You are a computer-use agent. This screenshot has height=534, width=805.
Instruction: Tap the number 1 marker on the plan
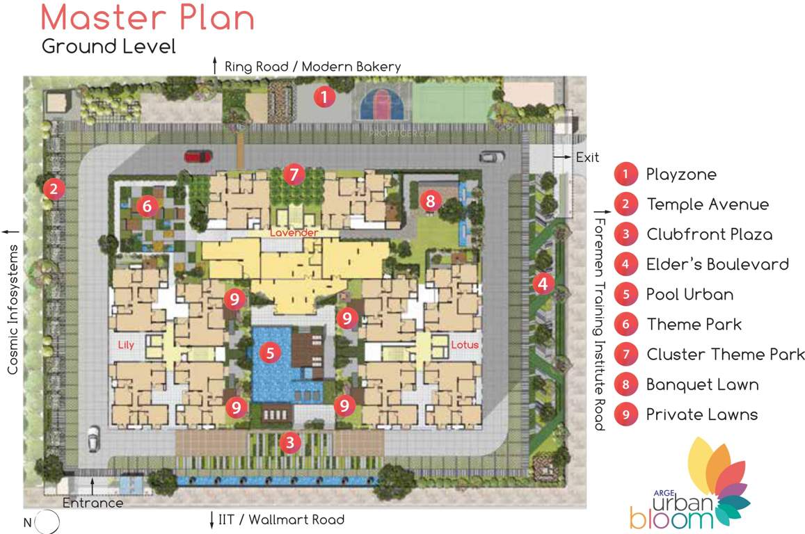(x=324, y=97)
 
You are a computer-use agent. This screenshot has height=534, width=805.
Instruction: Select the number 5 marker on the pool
(x=271, y=353)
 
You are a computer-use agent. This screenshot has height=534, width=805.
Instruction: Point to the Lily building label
(x=126, y=344)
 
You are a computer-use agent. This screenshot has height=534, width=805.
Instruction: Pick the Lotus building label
(x=465, y=344)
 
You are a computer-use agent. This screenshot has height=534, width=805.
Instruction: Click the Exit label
(x=587, y=158)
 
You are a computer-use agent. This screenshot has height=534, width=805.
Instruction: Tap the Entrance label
(x=93, y=503)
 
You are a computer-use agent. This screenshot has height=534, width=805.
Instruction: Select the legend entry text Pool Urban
(x=689, y=294)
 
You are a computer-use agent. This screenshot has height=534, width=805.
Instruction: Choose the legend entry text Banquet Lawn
(x=701, y=385)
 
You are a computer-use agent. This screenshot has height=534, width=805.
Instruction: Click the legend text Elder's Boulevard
(x=717, y=264)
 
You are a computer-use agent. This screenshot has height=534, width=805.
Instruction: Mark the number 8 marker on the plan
(x=431, y=202)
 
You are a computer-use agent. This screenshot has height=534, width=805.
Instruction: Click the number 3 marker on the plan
(x=291, y=442)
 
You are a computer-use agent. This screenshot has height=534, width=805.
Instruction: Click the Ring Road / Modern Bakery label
(x=312, y=67)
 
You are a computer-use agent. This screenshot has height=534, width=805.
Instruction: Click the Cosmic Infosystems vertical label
(x=13, y=309)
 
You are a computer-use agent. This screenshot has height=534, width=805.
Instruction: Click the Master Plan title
(x=148, y=18)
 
